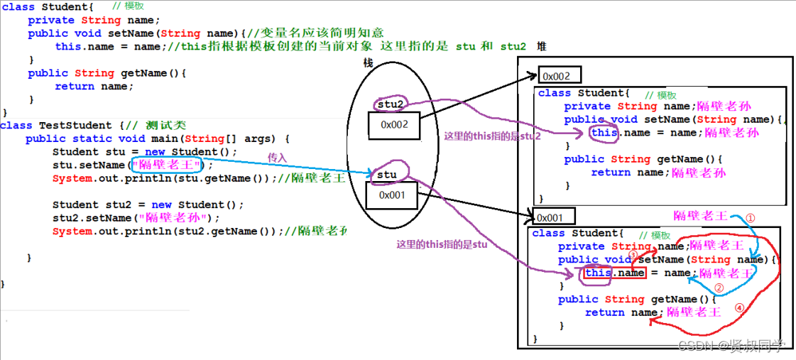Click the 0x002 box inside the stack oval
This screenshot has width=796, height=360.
pyautogui.click(x=393, y=125)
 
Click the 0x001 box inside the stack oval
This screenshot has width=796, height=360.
pyautogui.click(x=391, y=195)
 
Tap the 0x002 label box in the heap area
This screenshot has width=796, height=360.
pyautogui.click(x=560, y=75)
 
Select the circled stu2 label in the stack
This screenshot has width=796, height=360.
pyautogui.click(x=391, y=105)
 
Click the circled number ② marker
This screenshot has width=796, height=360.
pyautogui.click(x=718, y=288)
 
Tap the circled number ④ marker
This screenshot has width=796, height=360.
pyautogui.click(x=739, y=308)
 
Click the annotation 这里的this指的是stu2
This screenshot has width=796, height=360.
pyautogui.click(x=492, y=136)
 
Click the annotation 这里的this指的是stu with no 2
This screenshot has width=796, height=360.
pyautogui.click(x=442, y=244)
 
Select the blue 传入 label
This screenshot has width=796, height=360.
pyautogui.click(x=276, y=156)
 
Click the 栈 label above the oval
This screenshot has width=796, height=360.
pyautogui.click(x=368, y=63)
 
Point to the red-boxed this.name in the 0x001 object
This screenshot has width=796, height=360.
pyautogui.click(x=615, y=273)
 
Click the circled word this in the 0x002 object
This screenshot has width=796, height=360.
pyautogui.click(x=604, y=133)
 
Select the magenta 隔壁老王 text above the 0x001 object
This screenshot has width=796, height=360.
pyautogui.click(x=699, y=215)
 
